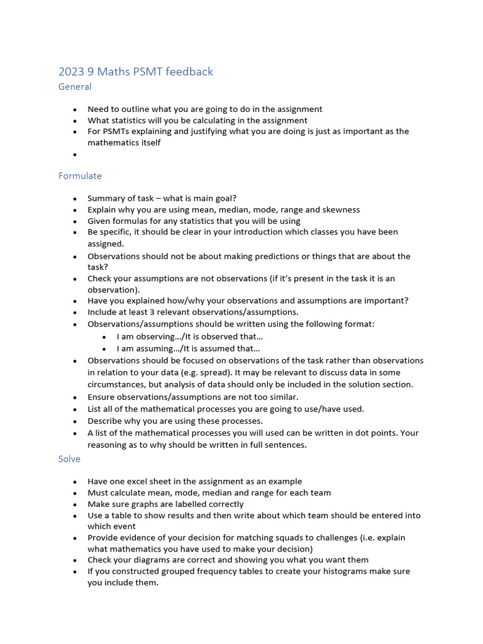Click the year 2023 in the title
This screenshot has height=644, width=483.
tap(70, 72)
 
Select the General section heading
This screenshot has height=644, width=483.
tap(75, 87)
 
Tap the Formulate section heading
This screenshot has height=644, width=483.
tap(80, 176)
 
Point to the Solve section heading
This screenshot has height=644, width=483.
tap(69, 459)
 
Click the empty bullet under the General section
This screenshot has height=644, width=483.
tap(75, 155)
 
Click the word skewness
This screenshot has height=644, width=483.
tap(340, 210)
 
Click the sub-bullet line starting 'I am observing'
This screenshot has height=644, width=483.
tap(189, 336)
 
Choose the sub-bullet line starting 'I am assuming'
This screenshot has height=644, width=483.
tap(188, 348)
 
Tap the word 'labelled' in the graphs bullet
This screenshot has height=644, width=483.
tap(191, 504)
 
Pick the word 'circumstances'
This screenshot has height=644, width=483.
tap(118, 384)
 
